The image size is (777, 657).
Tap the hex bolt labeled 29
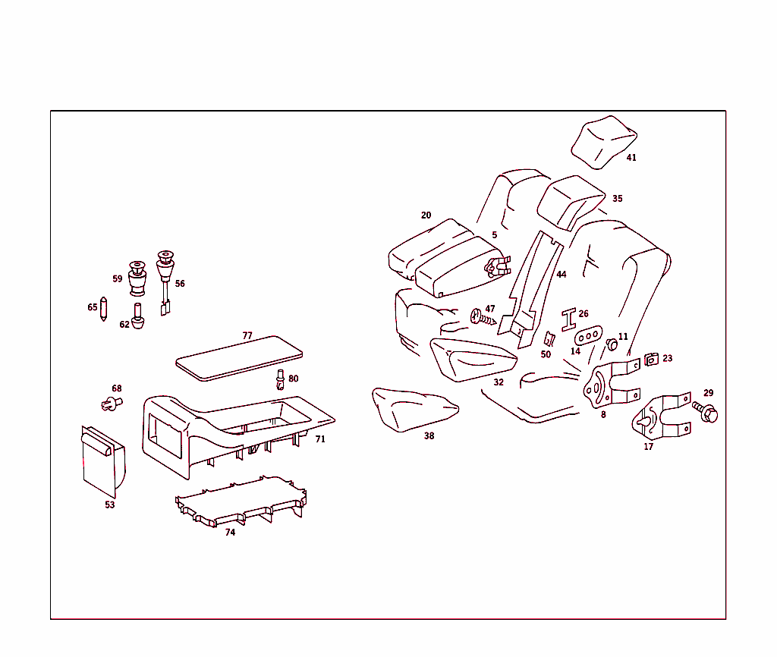tap(706, 412)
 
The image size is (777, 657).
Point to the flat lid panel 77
tap(238, 357)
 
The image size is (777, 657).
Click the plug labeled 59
tap(137, 279)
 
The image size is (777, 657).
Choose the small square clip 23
tap(651, 360)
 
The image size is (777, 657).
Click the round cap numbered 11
tap(612, 346)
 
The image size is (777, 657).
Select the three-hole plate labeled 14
tap(589, 335)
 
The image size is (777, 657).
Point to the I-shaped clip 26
tap(569, 320)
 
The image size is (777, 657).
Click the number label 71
tap(320, 439)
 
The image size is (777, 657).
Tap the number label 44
tap(561, 275)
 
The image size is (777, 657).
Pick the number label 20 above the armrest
tap(426, 215)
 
